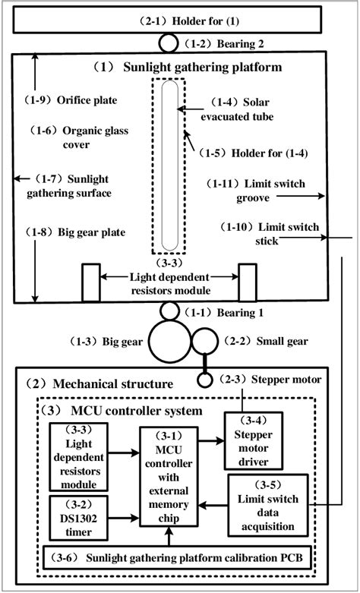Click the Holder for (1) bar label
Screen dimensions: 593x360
tap(180, 22)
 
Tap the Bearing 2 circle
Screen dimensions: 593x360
tap(168, 43)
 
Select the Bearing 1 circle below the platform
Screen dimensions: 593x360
tap(169, 311)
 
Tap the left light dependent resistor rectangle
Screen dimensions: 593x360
tap(90, 282)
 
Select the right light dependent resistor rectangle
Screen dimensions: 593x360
tap(249, 282)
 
